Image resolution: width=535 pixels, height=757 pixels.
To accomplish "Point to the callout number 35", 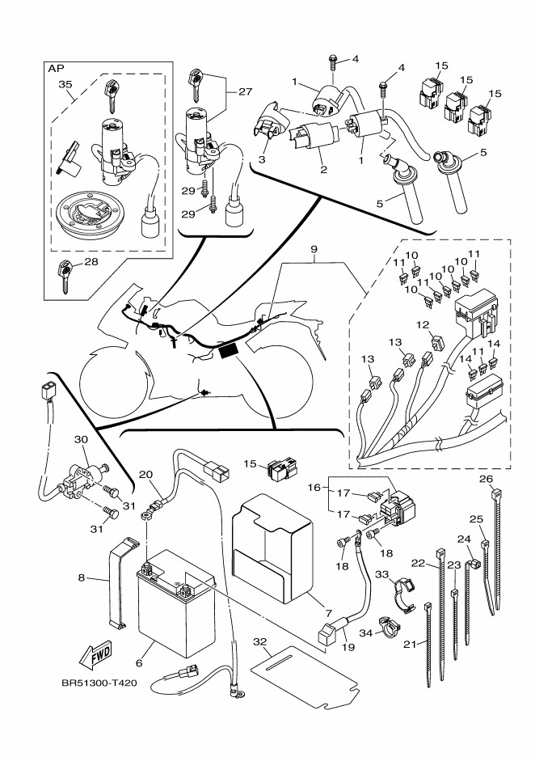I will point(66,83).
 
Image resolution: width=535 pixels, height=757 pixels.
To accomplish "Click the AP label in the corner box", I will point(57,70).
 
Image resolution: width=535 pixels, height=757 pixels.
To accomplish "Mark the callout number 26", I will point(486,479).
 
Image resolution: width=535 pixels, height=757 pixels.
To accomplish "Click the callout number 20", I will point(145,474).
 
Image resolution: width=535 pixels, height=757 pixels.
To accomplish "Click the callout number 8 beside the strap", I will point(81,578).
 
